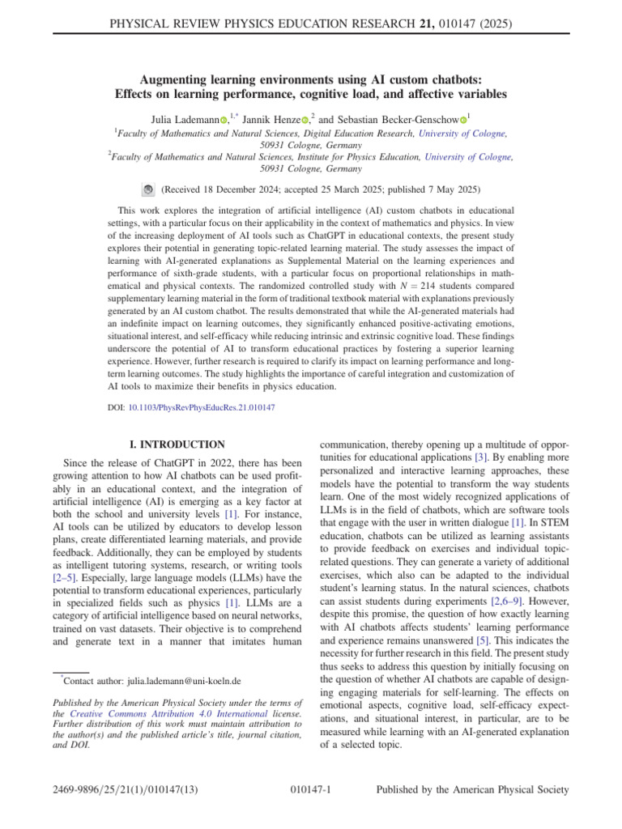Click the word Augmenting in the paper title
click(x=173, y=80)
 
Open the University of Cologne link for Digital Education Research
click(x=462, y=133)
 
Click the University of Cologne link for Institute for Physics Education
click(x=468, y=158)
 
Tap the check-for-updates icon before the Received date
click(x=148, y=189)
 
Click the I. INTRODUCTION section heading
click(x=177, y=444)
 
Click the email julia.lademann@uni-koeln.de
click(x=173, y=682)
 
